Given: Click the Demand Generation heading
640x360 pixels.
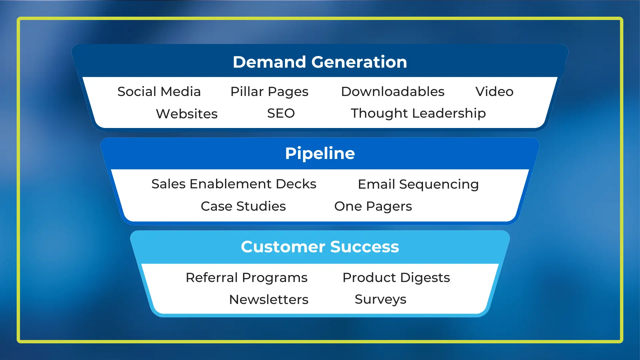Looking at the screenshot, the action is [x=320, y=62].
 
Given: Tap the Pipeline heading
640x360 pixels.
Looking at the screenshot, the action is [x=320, y=154].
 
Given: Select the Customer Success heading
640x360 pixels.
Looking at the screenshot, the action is [x=320, y=247].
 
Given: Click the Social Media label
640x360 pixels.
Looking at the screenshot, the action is [x=159, y=92].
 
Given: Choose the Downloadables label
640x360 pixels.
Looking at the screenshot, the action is [x=393, y=92].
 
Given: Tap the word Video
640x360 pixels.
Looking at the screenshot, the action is [x=494, y=92].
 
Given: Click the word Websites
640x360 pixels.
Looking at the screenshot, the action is [x=187, y=114].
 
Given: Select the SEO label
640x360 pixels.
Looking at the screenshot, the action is [x=281, y=113].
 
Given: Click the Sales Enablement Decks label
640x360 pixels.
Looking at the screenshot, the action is [x=234, y=184].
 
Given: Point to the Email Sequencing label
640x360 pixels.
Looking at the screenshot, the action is [x=418, y=185].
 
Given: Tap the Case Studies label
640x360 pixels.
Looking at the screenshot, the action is [x=243, y=206].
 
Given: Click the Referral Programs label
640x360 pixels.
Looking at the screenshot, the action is [x=246, y=278].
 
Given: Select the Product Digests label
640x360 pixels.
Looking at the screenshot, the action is [x=396, y=278].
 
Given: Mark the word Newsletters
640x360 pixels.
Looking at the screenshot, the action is [x=269, y=300].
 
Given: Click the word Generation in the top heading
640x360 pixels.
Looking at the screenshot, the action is [x=359, y=62].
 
